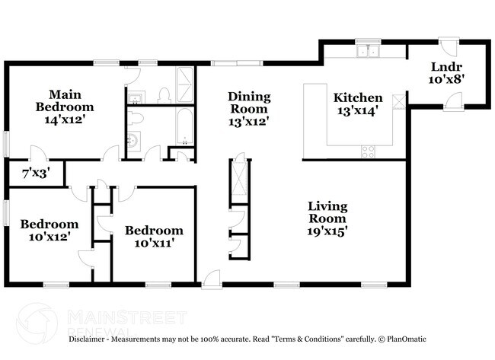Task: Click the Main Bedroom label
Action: point(65,100)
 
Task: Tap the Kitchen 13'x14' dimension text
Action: point(357,112)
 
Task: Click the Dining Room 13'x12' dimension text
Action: point(249,120)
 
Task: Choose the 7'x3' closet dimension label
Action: point(34,173)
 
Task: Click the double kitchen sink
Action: point(369,53)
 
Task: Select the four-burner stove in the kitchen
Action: point(368,151)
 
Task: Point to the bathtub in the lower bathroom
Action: point(185,126)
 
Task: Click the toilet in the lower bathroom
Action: point(136,118)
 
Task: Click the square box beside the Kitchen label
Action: point(398,100)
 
